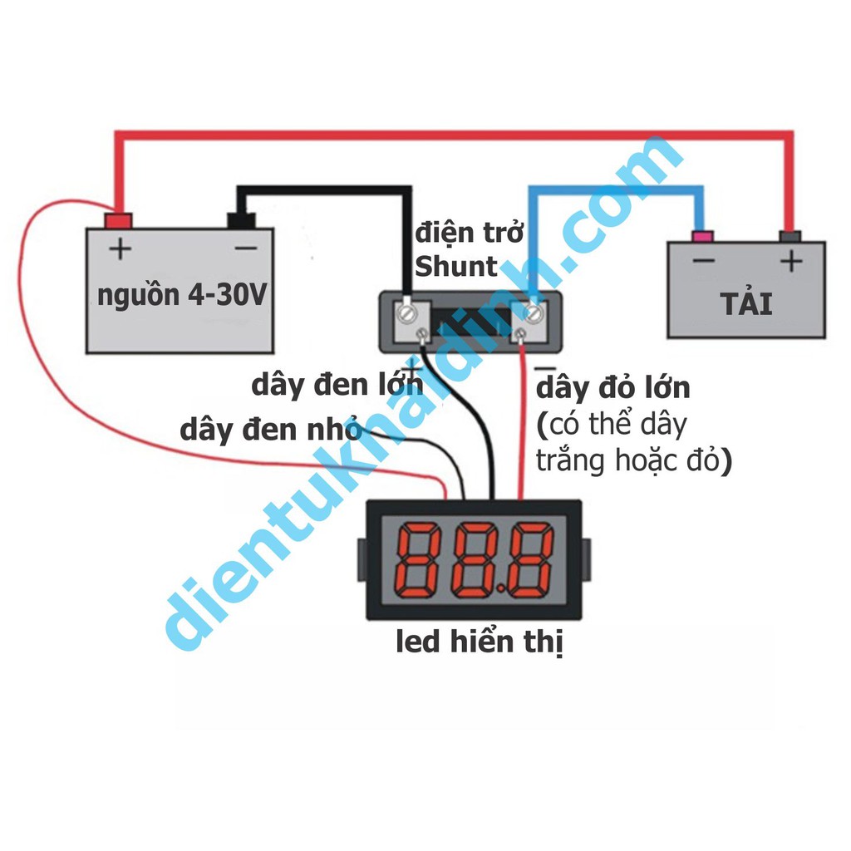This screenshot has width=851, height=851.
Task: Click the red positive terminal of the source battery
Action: (x=118, y=221)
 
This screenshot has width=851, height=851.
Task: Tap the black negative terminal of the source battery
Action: (x=241, y=220)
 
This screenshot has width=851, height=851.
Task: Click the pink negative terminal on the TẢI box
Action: (x=703, y=237)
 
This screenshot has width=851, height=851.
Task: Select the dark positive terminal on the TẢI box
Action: (x=790, y=237)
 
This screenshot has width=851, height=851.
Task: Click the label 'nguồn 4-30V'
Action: (x=182, y=296)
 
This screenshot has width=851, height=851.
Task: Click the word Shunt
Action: (x=456, y=267)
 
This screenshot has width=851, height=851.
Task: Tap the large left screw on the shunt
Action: (x=406, y=313)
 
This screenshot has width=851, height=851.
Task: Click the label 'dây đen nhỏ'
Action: (x=271, y=429)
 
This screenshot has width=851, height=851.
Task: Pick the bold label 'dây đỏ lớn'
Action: (x=612, y=387)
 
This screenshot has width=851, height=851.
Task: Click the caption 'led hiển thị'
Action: (x=480, y=642)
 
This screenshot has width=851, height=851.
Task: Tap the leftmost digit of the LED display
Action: (x=419, y=560)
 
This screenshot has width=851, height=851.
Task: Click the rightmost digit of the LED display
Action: (x=529, y=560)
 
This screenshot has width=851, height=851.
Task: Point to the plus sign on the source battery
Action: (x=121, y=249)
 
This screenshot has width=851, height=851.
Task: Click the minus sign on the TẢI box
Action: (x=703, y=261)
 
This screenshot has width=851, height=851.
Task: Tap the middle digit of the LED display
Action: (x=475, y=560)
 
